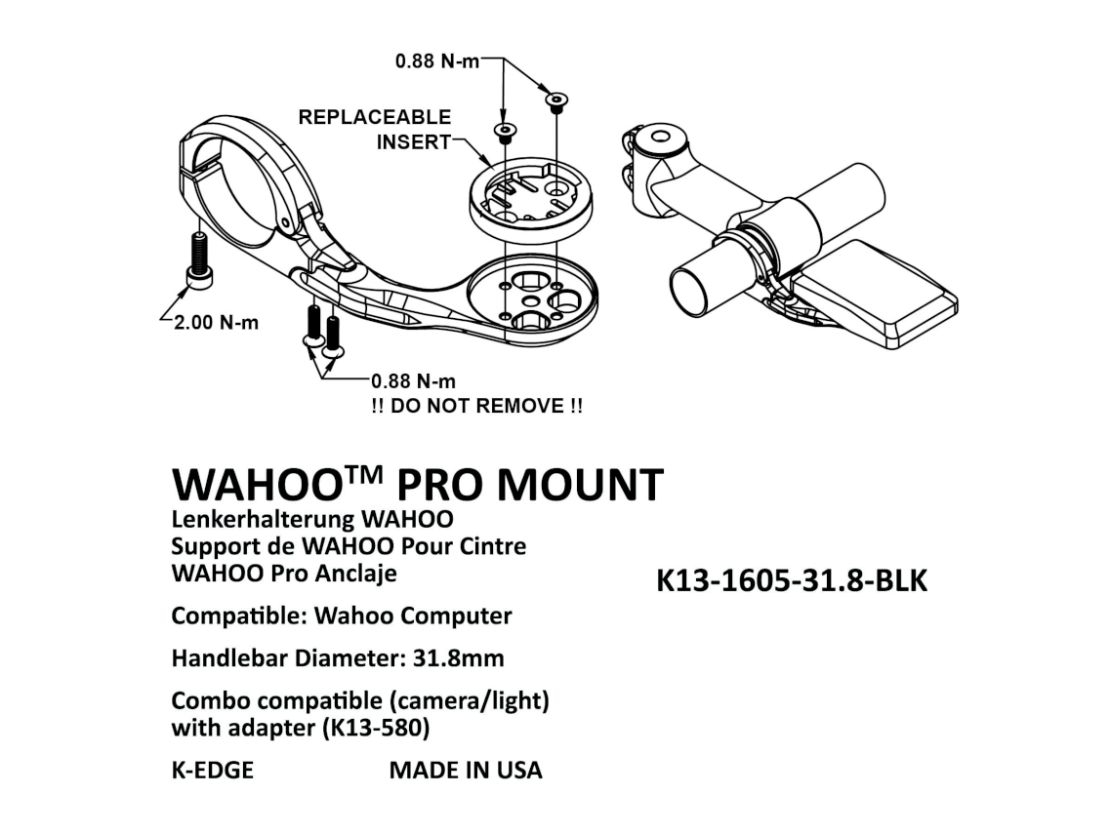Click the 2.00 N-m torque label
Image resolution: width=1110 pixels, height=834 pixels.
pos(216,323)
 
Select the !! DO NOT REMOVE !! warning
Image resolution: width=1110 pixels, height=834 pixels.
pos(476,406)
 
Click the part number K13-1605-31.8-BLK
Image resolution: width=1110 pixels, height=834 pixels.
pos(792,580)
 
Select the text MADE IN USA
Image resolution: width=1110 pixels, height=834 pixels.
pos(466,770)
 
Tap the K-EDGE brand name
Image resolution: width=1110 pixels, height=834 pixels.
pos(212,770)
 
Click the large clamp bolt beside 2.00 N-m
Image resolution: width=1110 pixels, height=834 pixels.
pos(200,263)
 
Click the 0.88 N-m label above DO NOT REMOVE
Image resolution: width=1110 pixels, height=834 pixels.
pos(413,380)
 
